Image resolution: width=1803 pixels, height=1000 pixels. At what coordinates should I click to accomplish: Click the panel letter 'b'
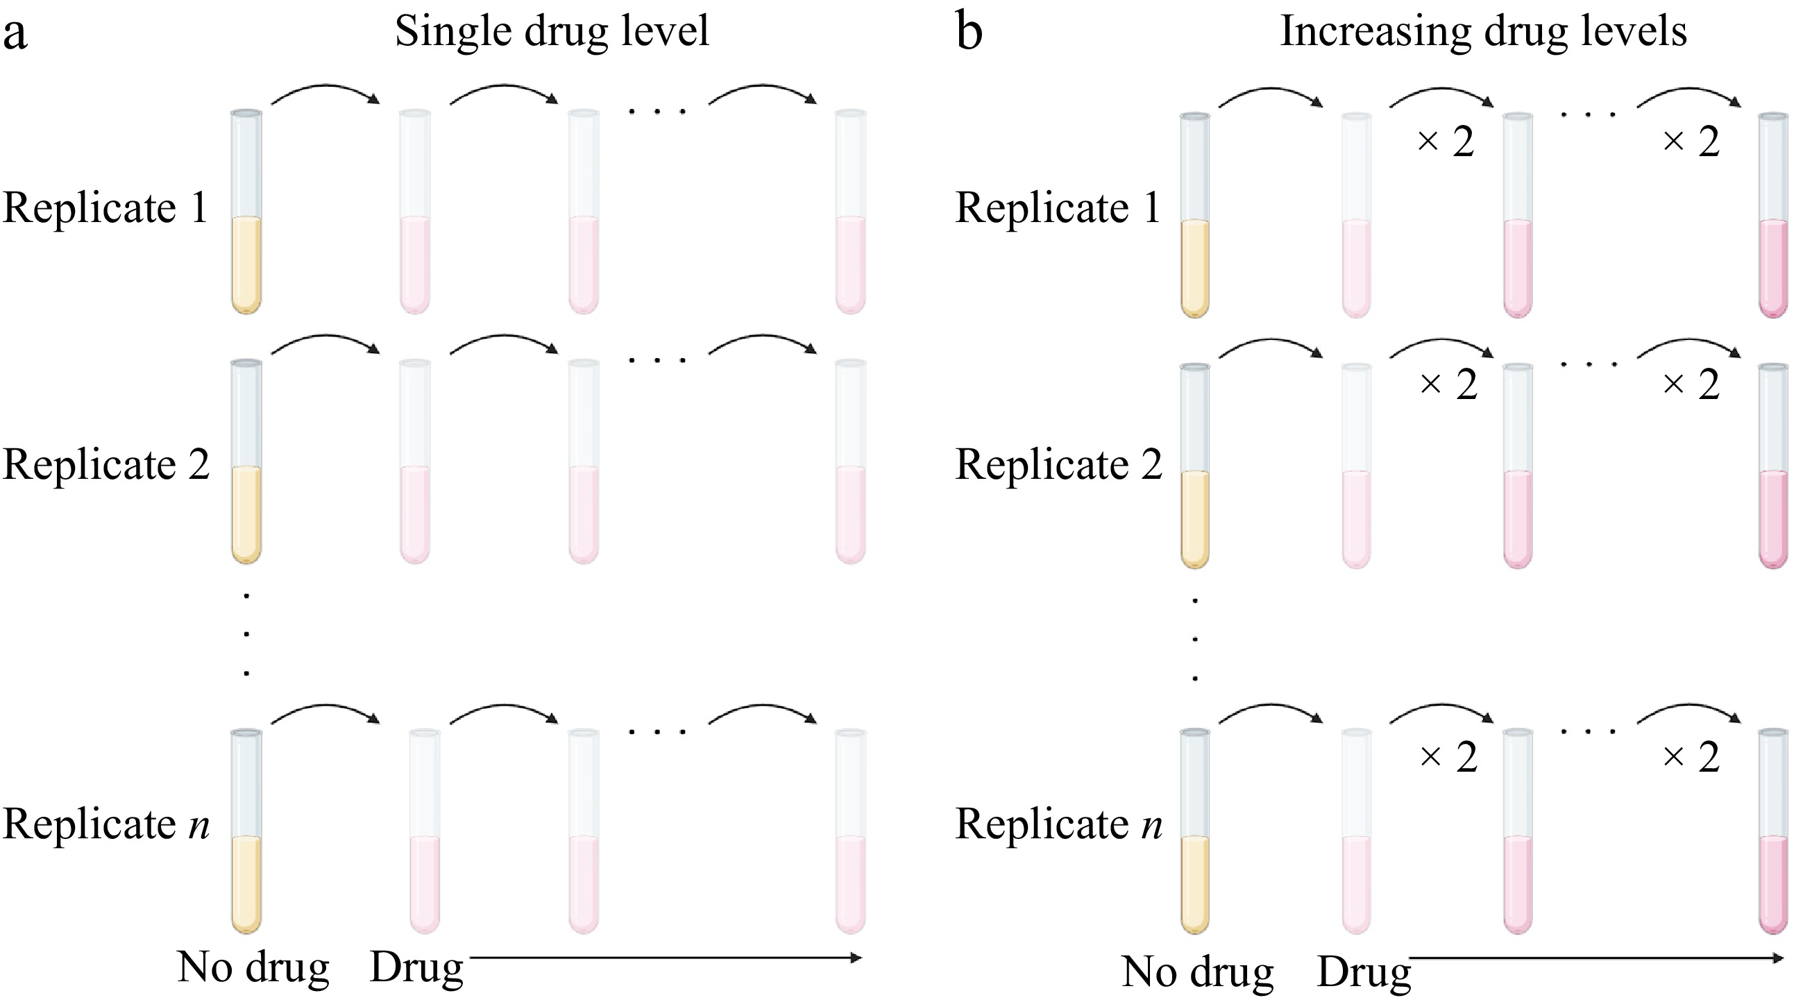[x=970, y=31]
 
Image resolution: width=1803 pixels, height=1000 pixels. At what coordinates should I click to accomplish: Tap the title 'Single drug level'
[x=552, y=31]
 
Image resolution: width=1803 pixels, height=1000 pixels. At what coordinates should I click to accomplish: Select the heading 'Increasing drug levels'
[x=1483, y=31]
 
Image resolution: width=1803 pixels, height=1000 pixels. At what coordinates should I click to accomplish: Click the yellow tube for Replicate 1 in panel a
[x=246, y=212]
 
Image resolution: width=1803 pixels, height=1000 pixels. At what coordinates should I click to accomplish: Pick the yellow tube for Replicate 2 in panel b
[x=1195, y=466]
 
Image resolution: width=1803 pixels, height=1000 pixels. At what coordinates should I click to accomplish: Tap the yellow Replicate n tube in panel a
[x=246, y=831]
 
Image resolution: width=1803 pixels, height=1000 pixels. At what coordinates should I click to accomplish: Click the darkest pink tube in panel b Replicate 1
[x=1773, y=215]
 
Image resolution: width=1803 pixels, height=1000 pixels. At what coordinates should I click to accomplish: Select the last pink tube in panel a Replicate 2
[x=851, y=461]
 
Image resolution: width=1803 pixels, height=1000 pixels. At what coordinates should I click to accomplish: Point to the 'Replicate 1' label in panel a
[x=105, y=207]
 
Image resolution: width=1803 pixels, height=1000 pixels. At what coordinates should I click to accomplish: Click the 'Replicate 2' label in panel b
[x=1058, y=465]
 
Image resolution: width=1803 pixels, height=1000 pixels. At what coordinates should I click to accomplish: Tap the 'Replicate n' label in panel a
[x=105, y=824]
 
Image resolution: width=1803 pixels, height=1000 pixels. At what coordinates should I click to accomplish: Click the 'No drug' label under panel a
[x=253, y=968]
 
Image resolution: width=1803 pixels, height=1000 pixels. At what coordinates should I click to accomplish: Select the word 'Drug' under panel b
[x=1364, y=972]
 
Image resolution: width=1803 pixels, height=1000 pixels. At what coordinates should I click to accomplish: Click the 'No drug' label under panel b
[x=1197, y=972]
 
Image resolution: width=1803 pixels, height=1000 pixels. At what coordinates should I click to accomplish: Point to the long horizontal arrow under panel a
[x=666, y=958]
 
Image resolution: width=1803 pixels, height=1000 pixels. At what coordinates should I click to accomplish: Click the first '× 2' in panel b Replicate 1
[x=1446, y=142]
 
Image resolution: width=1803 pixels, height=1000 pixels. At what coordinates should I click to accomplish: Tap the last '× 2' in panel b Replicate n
[x=1691, y=757]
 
